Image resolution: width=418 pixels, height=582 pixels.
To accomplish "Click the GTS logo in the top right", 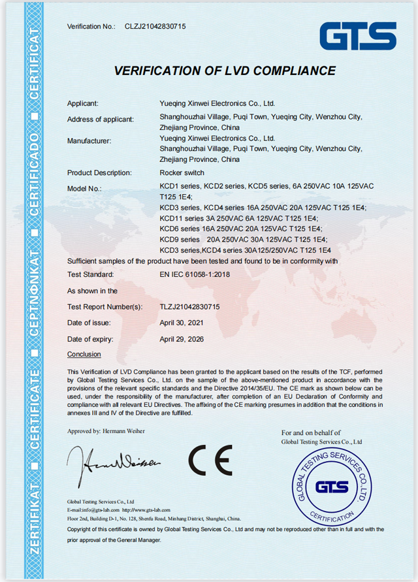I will (x=358, y=36).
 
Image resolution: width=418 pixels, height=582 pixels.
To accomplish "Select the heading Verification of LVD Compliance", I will (x=225, y=71).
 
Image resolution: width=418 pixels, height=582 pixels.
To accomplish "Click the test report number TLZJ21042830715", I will (x=189, y=306).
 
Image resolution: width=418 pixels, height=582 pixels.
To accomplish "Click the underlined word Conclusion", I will (x=84, y=354).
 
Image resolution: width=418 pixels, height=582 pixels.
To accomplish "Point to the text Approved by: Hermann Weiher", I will (x=106, y=430).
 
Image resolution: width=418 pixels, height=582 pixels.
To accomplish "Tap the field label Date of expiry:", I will (x=90, y=339).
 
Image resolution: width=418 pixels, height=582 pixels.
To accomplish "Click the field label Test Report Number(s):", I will (x=104, y=306).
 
